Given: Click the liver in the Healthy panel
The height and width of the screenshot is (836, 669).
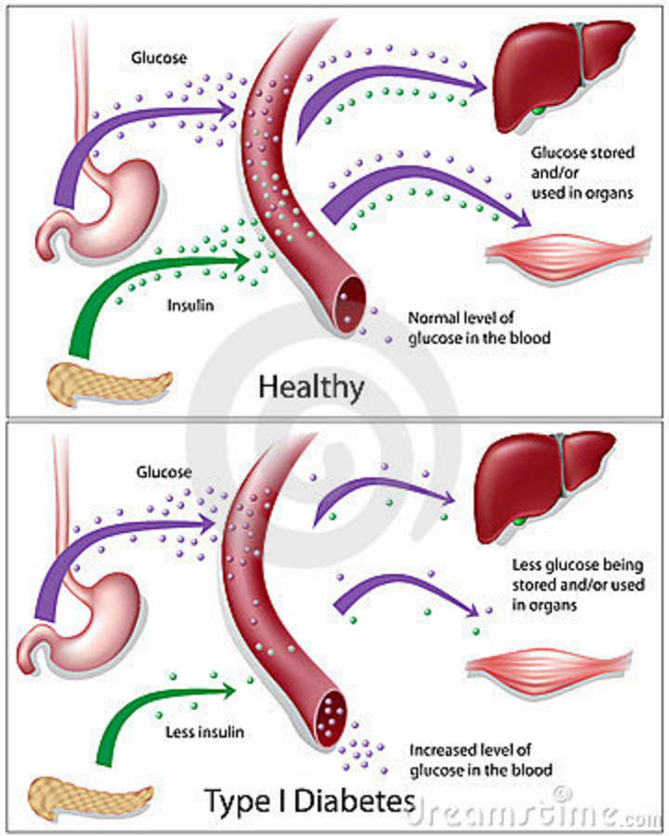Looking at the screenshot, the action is click(x=560, y=72).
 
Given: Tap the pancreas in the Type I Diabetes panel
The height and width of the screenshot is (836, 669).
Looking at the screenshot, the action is click(x=89, y=798).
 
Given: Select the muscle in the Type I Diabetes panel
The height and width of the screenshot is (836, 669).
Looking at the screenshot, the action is click(x=549, y=670).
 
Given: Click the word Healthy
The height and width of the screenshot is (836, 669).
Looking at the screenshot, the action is click(x=311, y=387).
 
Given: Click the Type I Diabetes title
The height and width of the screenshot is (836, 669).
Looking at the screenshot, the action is click(x=309, y=801).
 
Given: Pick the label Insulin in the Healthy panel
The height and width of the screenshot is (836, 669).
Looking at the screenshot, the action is click(x=190, y=306).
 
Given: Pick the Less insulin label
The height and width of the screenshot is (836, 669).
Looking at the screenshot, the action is click(x=204, y=732).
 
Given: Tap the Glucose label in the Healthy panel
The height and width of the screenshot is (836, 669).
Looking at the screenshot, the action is click(x=159, y=58).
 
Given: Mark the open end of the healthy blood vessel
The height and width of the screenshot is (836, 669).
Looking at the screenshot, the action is click(x=350, y=305).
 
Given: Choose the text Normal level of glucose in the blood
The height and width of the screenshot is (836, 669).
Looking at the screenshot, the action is click(x=479, y=328).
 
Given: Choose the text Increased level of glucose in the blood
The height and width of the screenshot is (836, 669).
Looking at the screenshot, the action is click(x=480, y=760).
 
